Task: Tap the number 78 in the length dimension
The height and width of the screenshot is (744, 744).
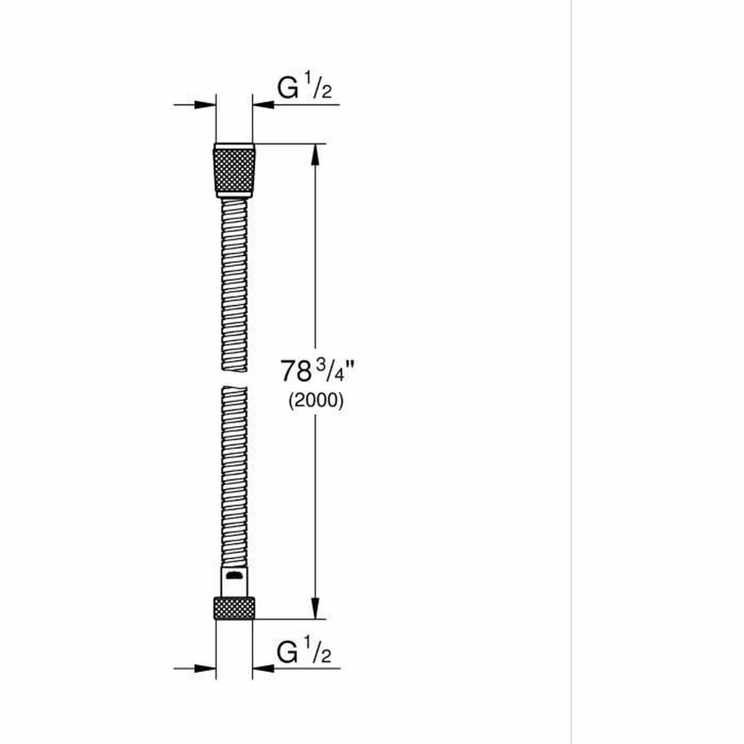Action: pos(295,372)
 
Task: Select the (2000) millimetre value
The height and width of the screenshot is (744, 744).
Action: pos(315,401)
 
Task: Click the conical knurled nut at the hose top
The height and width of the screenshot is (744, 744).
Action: pos(234,169)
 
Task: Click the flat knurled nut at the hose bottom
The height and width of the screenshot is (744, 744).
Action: pos(234,608)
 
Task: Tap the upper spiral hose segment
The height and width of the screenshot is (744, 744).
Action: pos(234,285)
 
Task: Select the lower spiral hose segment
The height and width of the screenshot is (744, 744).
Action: pos(234,471)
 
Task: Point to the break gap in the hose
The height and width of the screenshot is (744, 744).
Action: pos(234,378)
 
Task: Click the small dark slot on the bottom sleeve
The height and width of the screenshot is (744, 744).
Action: pos(234,577)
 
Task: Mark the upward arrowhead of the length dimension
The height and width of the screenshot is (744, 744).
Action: pos(316,155)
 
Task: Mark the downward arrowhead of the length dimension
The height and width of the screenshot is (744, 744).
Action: pos(316,608)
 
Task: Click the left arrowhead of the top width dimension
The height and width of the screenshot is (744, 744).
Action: pos(205,105)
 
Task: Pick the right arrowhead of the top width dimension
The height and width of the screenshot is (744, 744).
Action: pos(263,105)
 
